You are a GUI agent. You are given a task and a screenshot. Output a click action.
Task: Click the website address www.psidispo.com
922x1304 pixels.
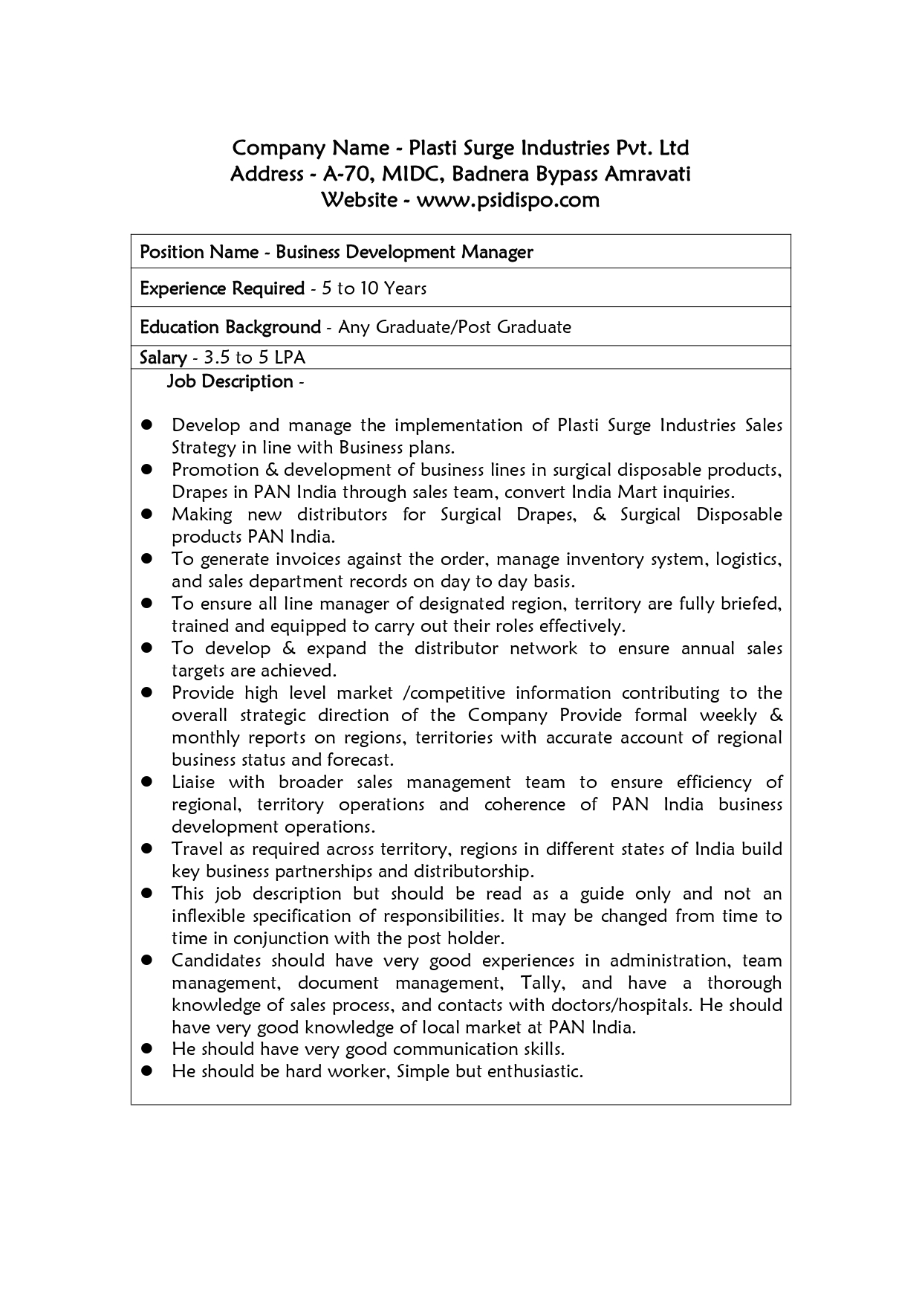tap(507, 201)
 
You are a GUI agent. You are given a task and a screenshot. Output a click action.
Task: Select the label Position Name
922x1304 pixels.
tap(198, 253)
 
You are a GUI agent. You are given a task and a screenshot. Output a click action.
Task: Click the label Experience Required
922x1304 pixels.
tap(222, 288)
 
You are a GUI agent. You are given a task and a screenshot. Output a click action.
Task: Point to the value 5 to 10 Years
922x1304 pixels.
tap(374, 288)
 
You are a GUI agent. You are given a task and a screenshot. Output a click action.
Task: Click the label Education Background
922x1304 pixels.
tap(230, 327)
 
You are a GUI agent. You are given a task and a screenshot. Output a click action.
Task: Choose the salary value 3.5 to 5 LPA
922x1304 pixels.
tap(254, 358)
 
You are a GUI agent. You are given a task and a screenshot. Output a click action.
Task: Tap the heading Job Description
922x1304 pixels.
tap(230, 381)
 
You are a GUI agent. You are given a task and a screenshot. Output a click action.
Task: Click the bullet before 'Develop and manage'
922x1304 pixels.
tap(147, 425)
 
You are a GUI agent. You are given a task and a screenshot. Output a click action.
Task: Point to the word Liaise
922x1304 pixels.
tap(193, 782)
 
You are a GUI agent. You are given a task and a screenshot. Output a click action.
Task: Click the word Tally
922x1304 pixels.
tap(542, 983)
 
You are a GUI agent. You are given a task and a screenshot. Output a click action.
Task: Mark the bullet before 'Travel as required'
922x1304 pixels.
tap(147, 849)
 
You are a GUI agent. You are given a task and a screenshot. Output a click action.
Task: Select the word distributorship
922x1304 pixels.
tap(474, 871)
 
